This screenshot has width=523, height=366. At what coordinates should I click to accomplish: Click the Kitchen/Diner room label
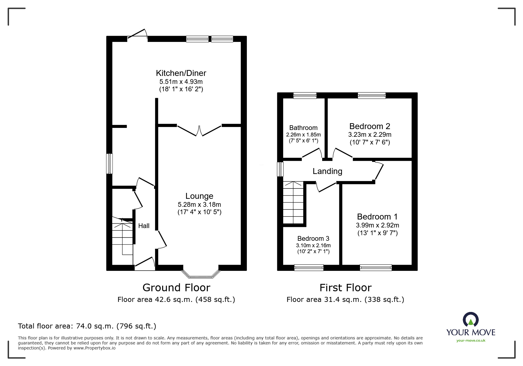tap(181, 73)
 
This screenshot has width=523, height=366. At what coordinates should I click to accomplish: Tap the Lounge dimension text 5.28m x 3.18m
tap(199, 204)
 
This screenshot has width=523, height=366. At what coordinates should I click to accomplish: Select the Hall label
tap(144, 226)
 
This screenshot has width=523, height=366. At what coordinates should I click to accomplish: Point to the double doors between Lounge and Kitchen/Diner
tap(199, 131)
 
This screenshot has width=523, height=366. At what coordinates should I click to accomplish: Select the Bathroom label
tap(303, 128)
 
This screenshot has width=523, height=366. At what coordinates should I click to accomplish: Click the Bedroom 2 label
tap(369, 126)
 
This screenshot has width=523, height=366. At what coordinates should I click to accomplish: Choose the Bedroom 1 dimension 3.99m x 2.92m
tap(377, 225)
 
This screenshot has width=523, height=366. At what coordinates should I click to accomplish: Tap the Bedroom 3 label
tap(313, 238)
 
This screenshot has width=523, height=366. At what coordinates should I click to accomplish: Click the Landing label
tap(327, 171)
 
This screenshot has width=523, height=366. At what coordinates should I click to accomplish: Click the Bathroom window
tap(305, 95)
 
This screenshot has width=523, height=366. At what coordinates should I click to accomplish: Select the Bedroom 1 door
tap(379, 171)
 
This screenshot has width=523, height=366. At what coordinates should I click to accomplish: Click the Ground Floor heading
tap(176, 287)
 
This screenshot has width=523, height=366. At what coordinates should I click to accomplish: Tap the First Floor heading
tap(345, 287)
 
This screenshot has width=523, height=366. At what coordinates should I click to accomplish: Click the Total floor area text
tap(87, 326)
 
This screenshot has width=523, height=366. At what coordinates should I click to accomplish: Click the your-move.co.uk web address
tap(471, 341)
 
